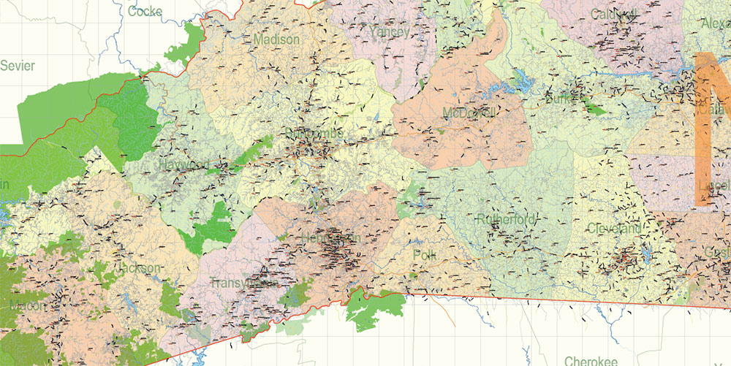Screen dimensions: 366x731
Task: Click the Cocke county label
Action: (145, 11)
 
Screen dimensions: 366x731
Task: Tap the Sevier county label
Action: (18, 66)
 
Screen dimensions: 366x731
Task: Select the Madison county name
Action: (276, 39)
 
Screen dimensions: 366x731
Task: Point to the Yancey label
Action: (390, 31)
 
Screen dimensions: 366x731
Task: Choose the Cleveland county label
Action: (615, 229)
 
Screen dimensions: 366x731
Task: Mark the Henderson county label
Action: (330, 239)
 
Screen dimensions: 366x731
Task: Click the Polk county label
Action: (424, 255)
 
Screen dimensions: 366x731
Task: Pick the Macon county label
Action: (26, 305)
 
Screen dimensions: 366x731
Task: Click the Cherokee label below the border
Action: (591, 360)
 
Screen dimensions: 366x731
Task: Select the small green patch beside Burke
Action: (596, 110)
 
